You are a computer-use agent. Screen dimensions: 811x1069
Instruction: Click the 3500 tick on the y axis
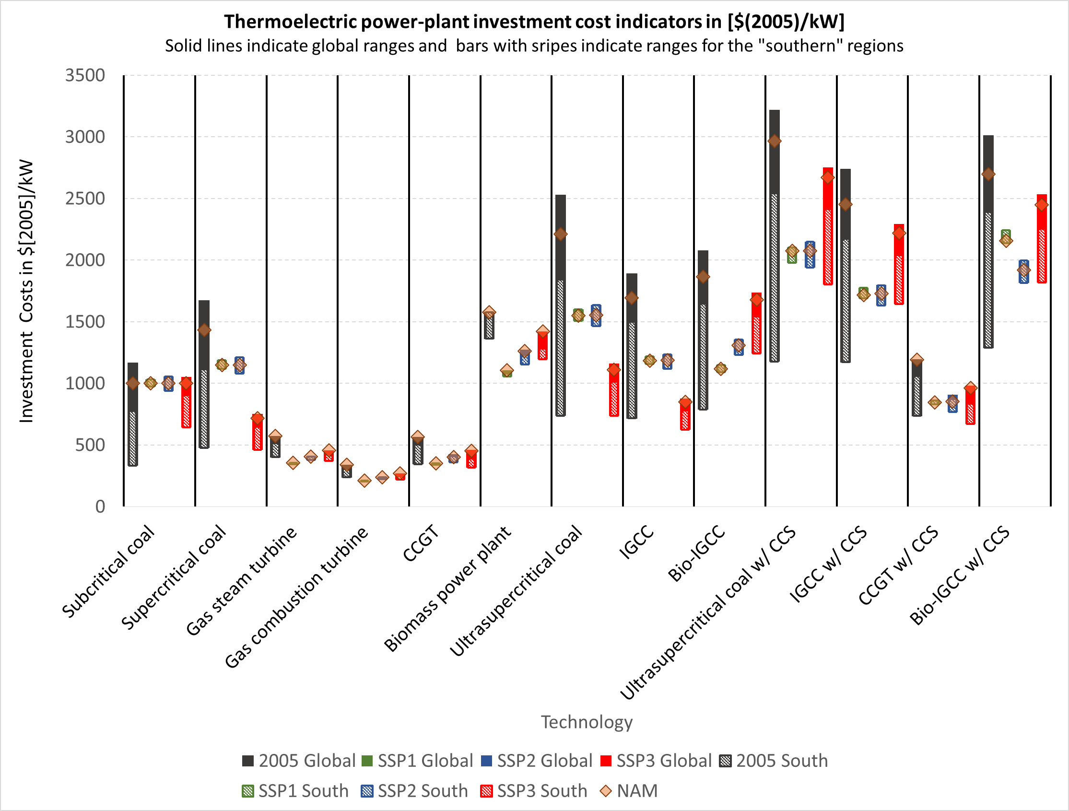(85, 75)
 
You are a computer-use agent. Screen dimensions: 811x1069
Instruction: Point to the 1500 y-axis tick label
(85, 322)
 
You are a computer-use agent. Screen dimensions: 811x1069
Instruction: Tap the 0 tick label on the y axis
(100, 506)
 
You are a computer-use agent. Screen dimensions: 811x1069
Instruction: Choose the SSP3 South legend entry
(533, 791)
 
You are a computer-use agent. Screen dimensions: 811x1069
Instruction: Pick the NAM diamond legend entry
(628, 791)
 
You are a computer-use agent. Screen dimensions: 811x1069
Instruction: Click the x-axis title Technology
(586, 722)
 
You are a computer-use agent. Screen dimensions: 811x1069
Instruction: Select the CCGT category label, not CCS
(421, 544)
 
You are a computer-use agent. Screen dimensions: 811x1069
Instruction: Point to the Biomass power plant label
(447, 588)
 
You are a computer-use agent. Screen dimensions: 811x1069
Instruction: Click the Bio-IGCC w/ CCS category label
(959, 576)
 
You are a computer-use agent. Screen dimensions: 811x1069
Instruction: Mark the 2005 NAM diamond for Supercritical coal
(204, 330)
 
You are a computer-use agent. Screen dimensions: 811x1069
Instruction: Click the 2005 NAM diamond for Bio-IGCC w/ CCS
(988, 174)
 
